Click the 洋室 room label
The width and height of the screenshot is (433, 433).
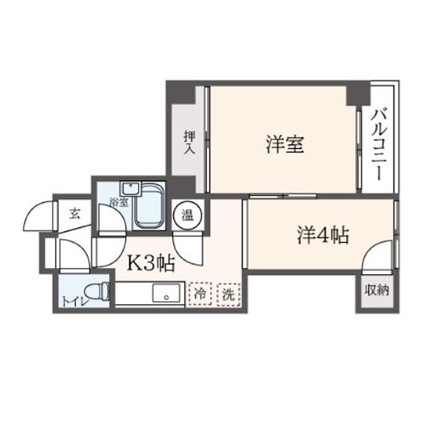point(283,144)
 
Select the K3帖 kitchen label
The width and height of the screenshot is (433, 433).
point(149,263)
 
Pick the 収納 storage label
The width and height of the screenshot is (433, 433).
point(377,290)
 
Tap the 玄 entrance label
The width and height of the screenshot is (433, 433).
point(73,213)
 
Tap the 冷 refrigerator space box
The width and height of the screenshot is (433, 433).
point(199,293)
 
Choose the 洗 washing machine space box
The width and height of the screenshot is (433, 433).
point(229,293)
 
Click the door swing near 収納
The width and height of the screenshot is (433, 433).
point(377,264)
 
